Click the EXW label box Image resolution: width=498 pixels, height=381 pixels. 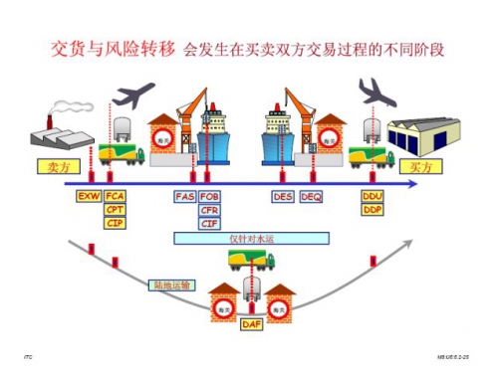[x=89, y=196]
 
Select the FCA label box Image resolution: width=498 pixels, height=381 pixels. [x=115, y=196]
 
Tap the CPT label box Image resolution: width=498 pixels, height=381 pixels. [x=115, y=210]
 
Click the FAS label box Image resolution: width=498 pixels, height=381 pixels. [x=185, y=196]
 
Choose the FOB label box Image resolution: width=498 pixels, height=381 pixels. [x=210, y=196]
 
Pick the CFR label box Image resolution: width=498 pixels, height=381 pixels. [x=210, y=210]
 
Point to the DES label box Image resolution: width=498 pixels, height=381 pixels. [x=283, y=196]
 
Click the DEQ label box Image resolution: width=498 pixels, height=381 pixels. [x=311, y=196]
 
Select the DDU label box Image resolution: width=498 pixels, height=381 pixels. [x=373, y=196]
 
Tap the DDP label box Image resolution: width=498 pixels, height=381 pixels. [x=373, y=210]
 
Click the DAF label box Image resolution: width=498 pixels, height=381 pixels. [x=251, y=324]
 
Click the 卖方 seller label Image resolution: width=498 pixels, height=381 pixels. [x=57, y=165]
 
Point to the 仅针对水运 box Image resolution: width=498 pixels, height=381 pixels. [x=251, y=238]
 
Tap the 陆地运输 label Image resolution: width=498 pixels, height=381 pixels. [x=165, y=285]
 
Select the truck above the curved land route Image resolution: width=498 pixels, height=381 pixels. [x=251, y=261]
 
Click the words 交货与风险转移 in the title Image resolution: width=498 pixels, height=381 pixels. [x=111, y=50]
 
